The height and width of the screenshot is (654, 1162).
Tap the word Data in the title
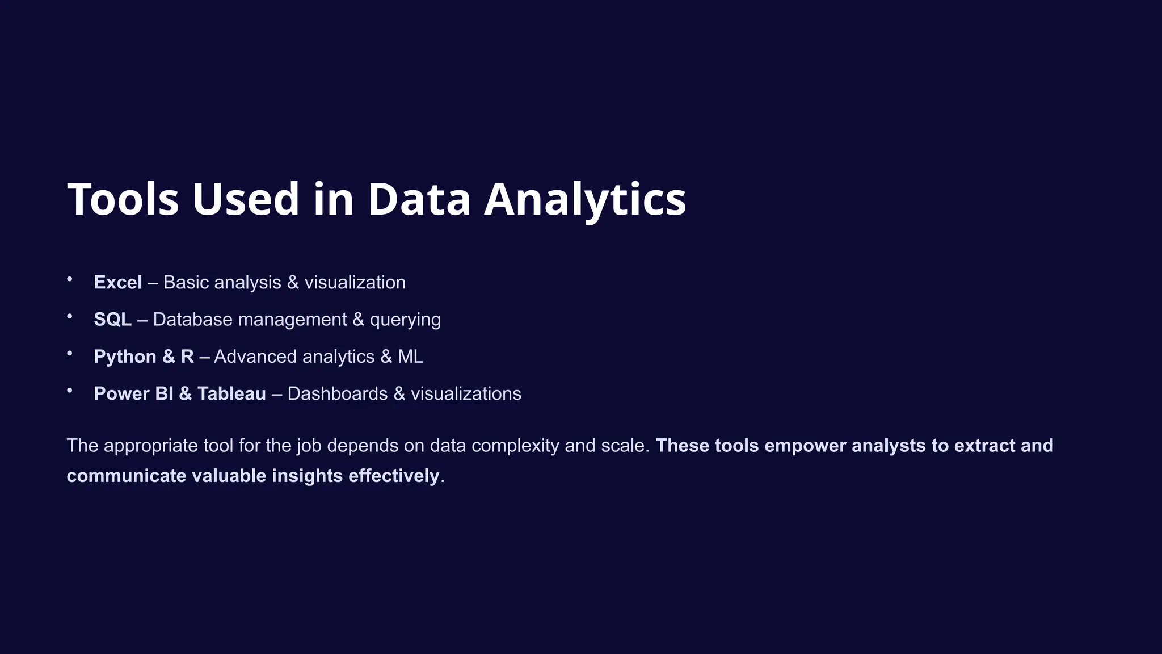coord(419,199)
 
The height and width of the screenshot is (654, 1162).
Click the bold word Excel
coord(118,282)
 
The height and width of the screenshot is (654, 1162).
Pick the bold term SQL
coord(112,320)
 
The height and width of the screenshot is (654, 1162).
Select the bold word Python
coord(125,357)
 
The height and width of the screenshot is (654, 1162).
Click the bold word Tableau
coord(231,393)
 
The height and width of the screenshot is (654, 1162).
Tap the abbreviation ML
coord(410,357)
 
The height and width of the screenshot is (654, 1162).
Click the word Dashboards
coord(338,393)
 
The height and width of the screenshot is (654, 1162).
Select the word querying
coord(405,320)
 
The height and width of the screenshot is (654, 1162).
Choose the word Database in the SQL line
coord(192,320)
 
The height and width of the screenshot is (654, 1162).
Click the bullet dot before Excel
coord(70,279)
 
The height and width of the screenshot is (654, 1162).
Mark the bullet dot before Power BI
coord(70,390)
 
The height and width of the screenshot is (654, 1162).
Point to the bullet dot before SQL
coord(70,316)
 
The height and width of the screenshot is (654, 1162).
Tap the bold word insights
coord(307,476)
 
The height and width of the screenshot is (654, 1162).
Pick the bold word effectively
coord(394,476)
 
